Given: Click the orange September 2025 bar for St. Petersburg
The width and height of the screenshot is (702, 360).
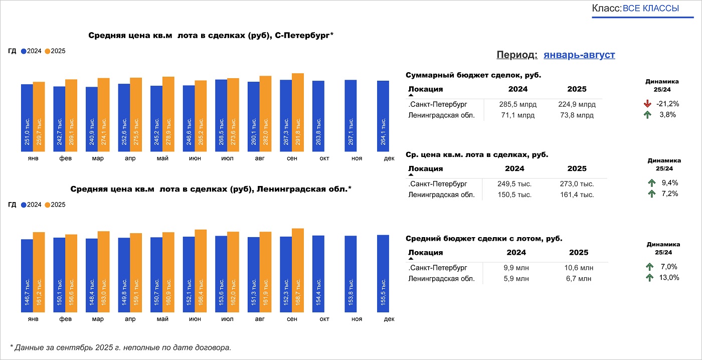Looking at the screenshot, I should point(298,112).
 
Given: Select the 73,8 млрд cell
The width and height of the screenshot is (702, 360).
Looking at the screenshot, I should point(577,115).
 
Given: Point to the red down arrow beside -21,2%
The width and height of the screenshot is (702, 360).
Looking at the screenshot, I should point(647,104).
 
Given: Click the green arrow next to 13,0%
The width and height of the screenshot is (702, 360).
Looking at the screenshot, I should point(650,278).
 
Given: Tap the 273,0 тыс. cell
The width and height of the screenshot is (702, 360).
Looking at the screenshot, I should point(577,184).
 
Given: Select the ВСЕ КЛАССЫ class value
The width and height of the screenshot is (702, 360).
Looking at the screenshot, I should point(651,9).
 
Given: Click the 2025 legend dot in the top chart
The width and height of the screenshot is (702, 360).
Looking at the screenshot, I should point(48,51).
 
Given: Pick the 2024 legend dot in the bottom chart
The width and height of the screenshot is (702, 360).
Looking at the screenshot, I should point(24,205).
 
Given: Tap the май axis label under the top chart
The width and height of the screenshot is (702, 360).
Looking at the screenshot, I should point(162,158).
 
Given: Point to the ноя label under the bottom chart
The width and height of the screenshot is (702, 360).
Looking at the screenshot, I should point(357,319).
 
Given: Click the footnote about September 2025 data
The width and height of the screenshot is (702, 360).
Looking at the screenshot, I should point(121,347).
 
